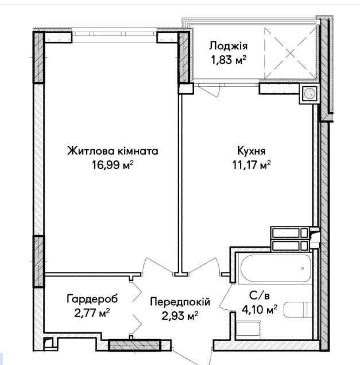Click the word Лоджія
pyautogui.click(x=228, y=47)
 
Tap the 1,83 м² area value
pyautogui.click(x=229, y=60)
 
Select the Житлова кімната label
pyautogui.click(x=113, y=151)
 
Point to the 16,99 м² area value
pyautogui.click(x=113, y=165)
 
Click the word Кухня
pyautogui.click(x=251, y=151)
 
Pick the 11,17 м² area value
pyautogui.click(x=251, y=165)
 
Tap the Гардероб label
pyautogui.click(x=92, y=299)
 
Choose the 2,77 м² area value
pyautogui.click(x=92, y=313)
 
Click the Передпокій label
pyautogui.click(x=180, y=302)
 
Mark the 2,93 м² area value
pyautogui.click(x=180, y=316)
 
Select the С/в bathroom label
pyautogui.click(x=260, y=295)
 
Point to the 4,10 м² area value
pyautogui.click(x=260, y=309)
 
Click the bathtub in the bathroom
pyautogui.click(x=276, y=268)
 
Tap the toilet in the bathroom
pyautogui.click(x=298, y=310)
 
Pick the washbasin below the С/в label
pyautogui.click(x=248, y=328)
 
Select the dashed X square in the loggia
pyautogui.click(x=290, y=53)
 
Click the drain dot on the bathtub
pyautogui.click(x=303, y=268)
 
